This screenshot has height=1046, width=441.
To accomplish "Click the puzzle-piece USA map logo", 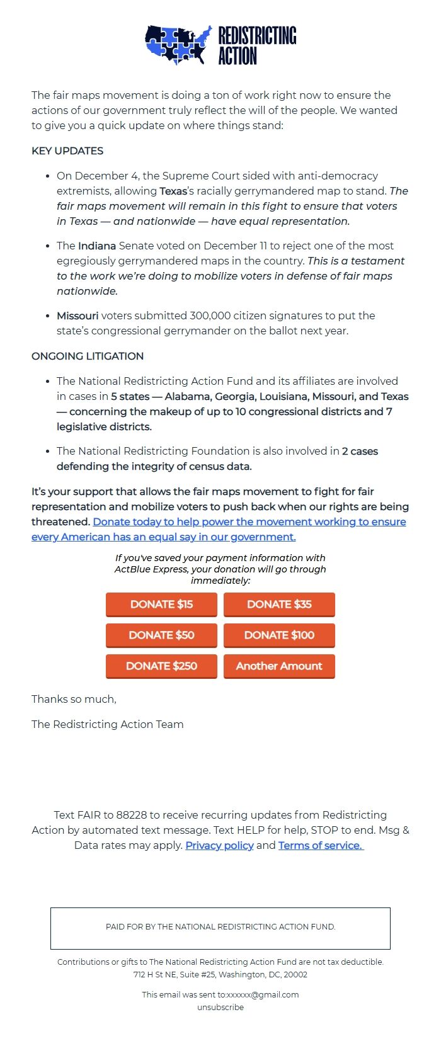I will click(x=178, y=45).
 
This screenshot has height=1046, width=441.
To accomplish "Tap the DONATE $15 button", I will click(x=161, y=605).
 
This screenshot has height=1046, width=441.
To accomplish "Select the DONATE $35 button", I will click(x=279, y=605).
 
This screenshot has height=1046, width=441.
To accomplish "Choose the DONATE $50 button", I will click(x=161, y=635).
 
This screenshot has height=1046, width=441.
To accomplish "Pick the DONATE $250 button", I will click(x=161, y=666).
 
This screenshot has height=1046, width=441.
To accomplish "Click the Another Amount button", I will click(x=279, y=666).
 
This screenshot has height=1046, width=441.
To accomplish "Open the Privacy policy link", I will click(x=219, y=845).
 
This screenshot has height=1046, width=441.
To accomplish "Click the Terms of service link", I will click(x=321, y=845).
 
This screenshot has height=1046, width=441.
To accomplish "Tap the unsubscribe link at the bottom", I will click(x=220, y=1007).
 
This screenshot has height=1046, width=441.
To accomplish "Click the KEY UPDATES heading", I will click(x=67, y=151).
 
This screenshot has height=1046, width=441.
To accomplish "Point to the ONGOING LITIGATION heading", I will click(x=88, y=356).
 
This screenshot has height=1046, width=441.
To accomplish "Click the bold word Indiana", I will click(x=97, y=246).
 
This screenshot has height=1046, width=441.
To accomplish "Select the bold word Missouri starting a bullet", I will click(x=77, y=316).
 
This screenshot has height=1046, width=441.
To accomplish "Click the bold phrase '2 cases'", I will click(x=360, y=452).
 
